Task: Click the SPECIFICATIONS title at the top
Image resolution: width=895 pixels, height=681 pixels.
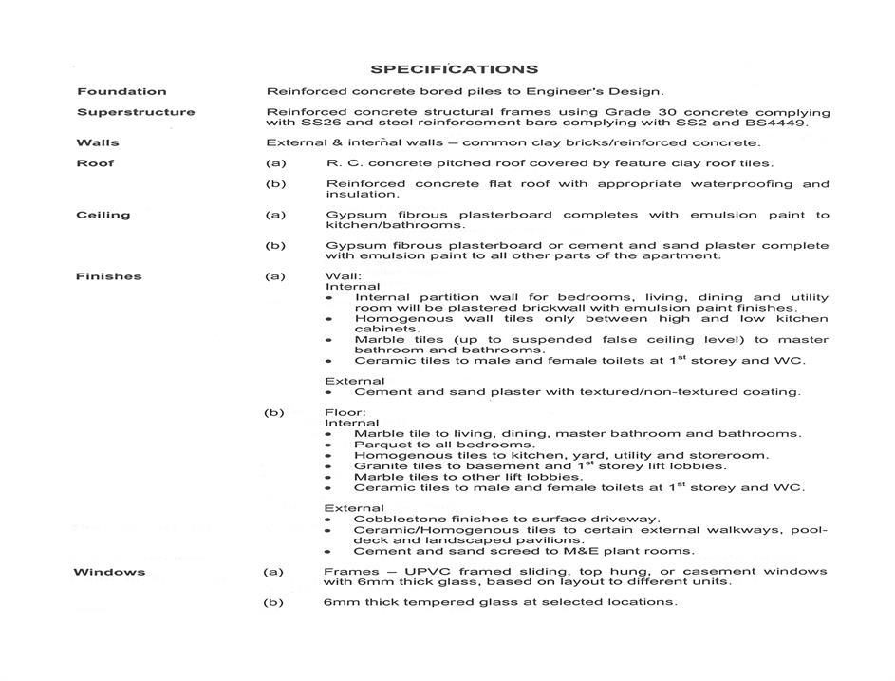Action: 454,69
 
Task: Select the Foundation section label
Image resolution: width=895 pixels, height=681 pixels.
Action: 121,91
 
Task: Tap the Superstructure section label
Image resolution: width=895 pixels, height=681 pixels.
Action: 136,112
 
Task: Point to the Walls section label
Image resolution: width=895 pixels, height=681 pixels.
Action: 97,143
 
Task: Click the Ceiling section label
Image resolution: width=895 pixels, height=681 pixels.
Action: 103,215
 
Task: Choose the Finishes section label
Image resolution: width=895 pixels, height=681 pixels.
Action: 108,276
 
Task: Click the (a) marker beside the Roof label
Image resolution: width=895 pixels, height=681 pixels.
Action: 275,163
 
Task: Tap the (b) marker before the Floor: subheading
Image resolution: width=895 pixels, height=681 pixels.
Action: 275,413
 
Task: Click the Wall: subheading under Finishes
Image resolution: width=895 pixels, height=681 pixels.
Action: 343,276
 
